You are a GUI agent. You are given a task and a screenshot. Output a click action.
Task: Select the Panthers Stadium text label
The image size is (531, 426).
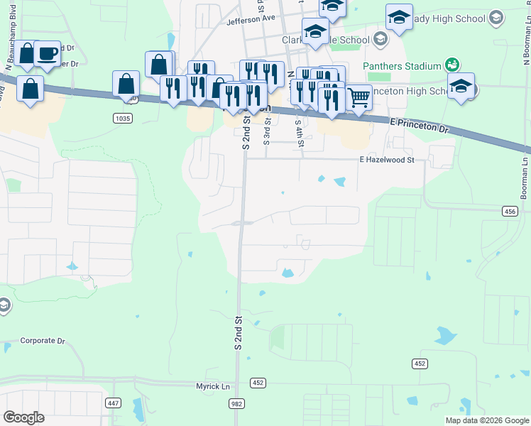[x=402, y=66]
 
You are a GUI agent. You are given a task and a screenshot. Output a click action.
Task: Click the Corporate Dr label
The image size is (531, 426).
[x=43, y=341]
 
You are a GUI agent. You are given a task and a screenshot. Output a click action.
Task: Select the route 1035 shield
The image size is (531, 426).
[x=121, y=118]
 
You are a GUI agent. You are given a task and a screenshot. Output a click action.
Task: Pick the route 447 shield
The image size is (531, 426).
[x=113, y=403]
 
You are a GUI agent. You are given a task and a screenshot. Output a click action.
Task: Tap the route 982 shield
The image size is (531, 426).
[x=237, y=403]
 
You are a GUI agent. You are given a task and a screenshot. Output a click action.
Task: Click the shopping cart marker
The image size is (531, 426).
[x=359, y=97]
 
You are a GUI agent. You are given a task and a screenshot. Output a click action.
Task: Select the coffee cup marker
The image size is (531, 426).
[x=47, y=54]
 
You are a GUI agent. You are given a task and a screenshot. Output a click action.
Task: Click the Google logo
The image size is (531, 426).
[x=23, y=417]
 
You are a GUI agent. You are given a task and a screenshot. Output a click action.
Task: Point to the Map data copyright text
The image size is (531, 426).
[x=486, y=420]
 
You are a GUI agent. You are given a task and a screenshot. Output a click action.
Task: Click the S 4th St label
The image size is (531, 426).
[x=301, y=133]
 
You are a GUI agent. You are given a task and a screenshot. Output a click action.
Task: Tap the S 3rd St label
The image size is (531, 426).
[x=267, y=131]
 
